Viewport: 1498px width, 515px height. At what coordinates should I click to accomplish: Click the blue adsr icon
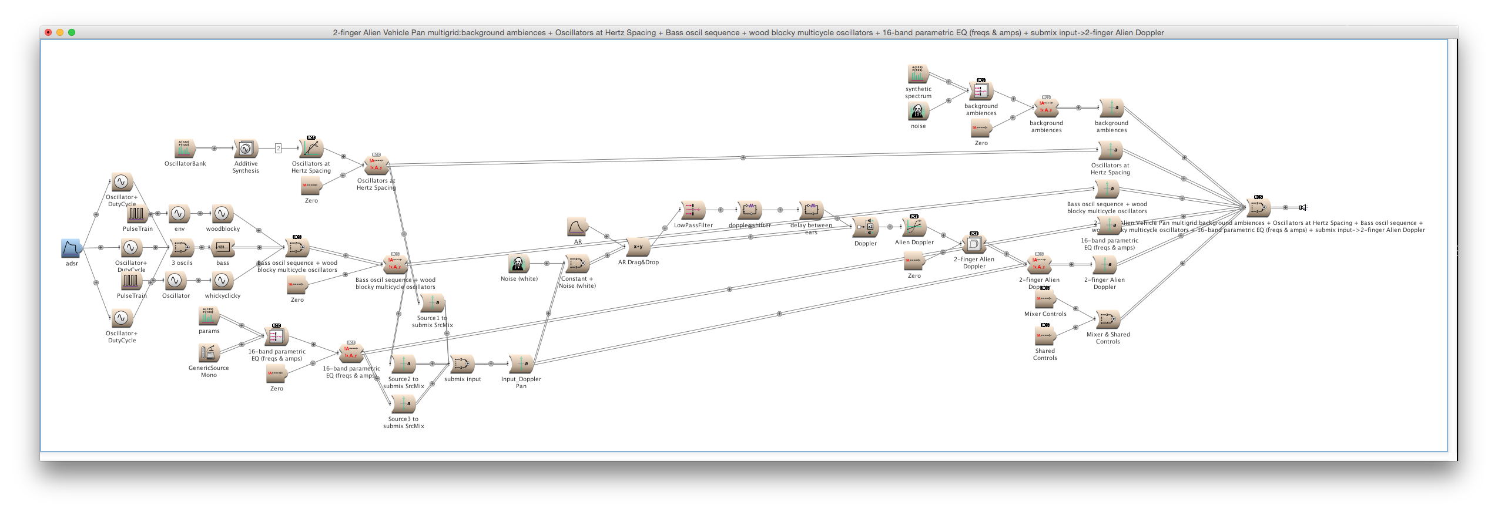[71, 248]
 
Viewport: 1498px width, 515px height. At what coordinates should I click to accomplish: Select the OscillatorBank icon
[185, 149]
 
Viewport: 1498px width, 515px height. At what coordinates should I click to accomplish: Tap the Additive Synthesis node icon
[246, 149]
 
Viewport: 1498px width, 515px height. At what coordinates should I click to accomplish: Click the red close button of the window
[48, 32]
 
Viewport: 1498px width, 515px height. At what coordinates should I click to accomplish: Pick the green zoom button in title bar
[72, 32]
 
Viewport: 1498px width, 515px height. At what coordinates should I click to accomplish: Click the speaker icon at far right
[1303, 207]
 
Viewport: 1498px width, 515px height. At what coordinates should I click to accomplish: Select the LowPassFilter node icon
[693, 210]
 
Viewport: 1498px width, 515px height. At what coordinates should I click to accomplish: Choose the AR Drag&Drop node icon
[638, 247]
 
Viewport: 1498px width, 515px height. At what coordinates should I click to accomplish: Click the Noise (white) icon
[518, 264]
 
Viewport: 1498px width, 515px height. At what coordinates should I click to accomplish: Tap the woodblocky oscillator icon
[222, 214]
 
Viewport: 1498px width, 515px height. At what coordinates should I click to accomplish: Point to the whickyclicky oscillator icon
[222, 281]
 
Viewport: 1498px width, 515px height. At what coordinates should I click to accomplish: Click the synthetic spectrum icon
[917, 74]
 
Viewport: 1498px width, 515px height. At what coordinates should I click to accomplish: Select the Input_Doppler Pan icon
[521, 364]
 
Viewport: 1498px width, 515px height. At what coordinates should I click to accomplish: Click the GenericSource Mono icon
[209, 352]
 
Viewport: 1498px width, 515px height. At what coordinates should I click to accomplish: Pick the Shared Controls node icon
[1045, 336]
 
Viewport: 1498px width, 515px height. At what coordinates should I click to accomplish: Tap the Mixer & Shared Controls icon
[1108, 319]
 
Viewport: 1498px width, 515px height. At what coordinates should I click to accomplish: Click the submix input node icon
[462, 364]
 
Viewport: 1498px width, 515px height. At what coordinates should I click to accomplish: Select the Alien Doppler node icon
[914, 227]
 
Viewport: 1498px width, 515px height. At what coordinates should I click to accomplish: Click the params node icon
[209, 317]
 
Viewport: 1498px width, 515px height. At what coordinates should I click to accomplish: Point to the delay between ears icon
[811, 210]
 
